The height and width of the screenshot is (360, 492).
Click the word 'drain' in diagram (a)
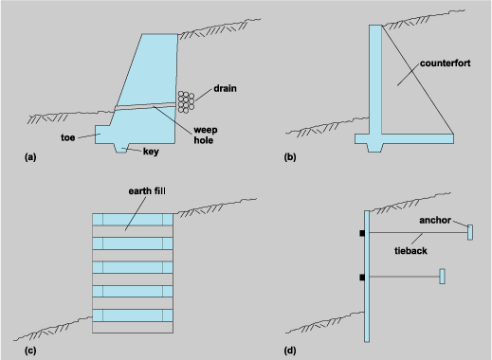pyautogui.click(x=225, y=88)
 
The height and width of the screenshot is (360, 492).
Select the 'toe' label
pyautogui.click(x=68, y=136)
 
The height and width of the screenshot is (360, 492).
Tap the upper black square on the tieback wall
pyautogui.click(x=361, y=233)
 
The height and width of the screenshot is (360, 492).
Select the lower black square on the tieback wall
pyautogui.click(x=361, y=278)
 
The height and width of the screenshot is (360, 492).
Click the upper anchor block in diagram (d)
pyautogui.click(x=470, y=231)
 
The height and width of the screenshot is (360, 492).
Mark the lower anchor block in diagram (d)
pyautogui.click(x=443, y=277)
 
